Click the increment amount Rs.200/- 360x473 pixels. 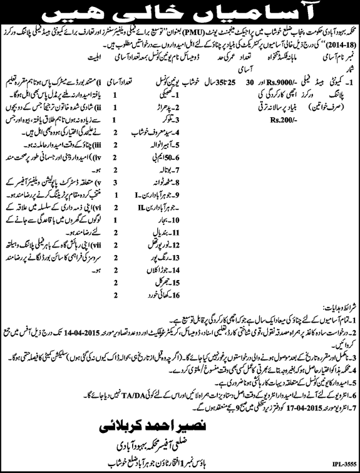tap(262, 121)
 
